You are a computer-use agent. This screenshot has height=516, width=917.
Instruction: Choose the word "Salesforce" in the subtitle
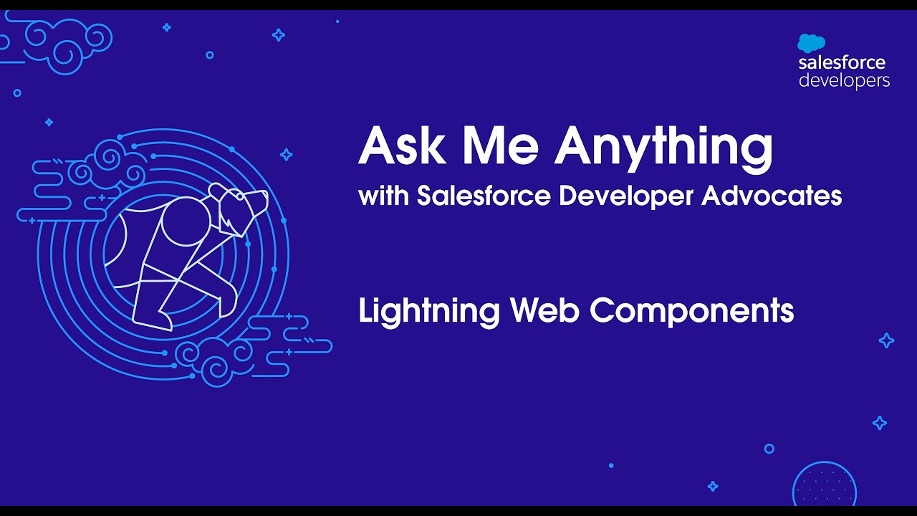click(484, 196)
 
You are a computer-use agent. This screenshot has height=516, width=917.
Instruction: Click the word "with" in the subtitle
click(383, 196)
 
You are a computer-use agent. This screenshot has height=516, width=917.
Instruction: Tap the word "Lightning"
click(428, 312)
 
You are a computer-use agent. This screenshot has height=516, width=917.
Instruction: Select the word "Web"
click(544, 310)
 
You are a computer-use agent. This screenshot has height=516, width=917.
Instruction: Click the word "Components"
click(691, 312)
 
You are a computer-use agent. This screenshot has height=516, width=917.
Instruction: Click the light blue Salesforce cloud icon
click(811, 43)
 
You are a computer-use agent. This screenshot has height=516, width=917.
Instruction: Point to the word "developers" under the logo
click(844, 80)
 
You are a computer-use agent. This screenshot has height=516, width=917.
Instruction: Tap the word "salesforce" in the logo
click(842, 63)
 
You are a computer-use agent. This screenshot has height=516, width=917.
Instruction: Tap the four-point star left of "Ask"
click(286, 154)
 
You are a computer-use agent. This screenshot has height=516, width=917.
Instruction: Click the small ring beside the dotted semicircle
click(769, 449)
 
